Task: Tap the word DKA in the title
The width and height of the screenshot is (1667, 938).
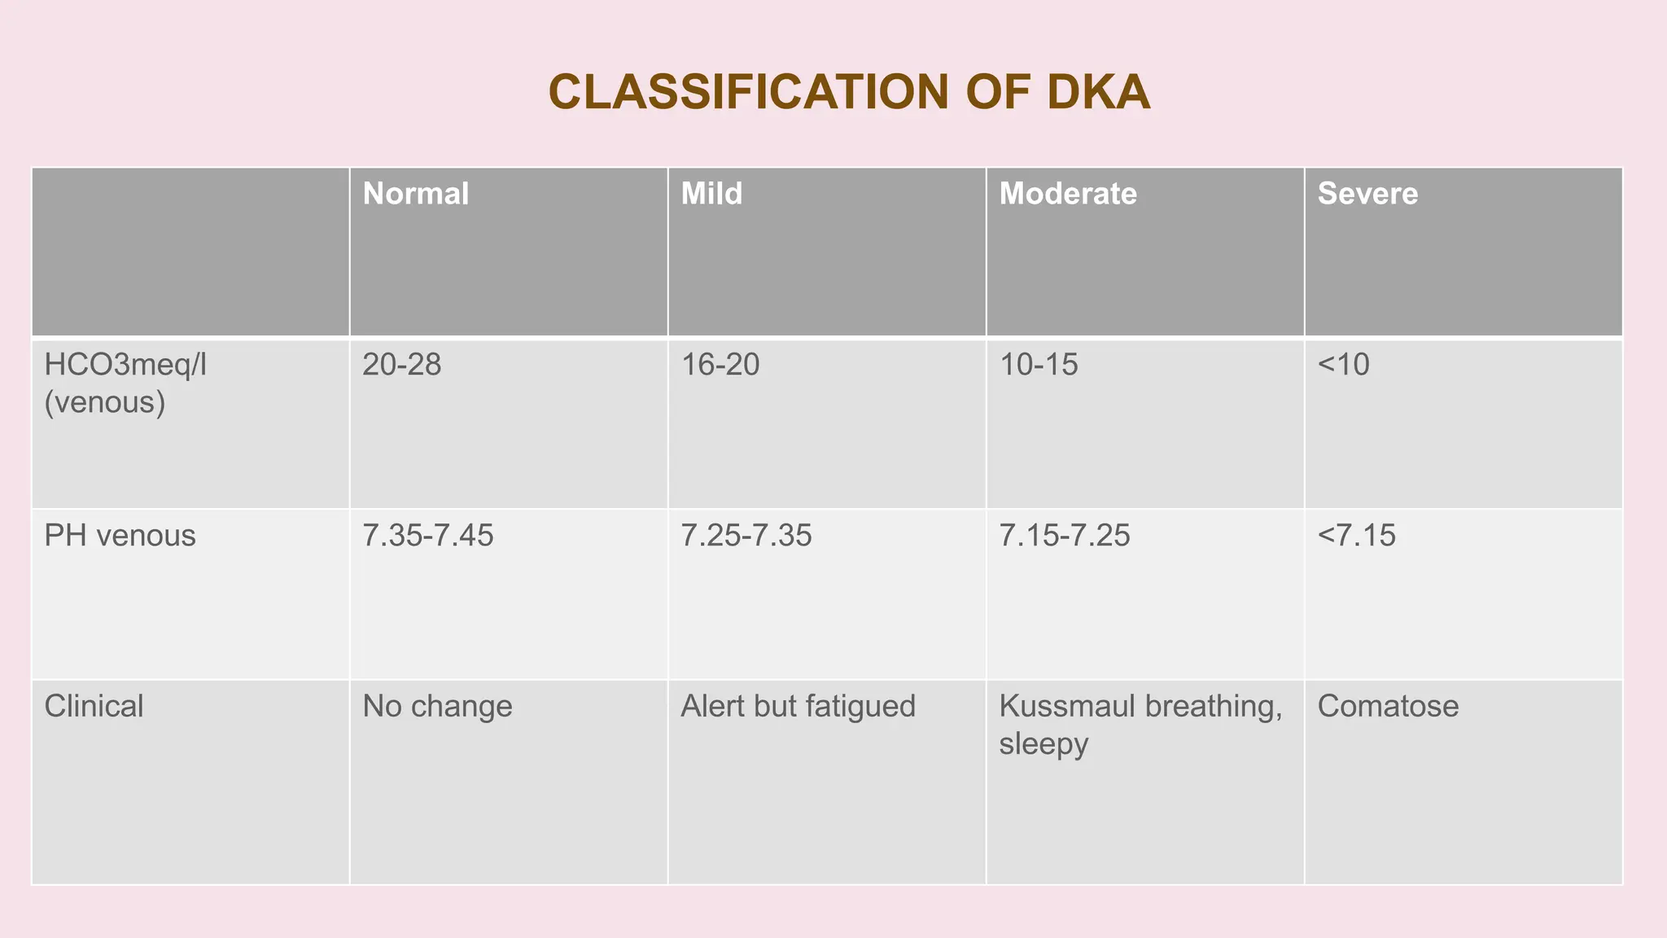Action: click(1098, 92)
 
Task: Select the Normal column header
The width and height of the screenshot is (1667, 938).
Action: click(416, 194)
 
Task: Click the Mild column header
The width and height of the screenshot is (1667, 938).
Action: click(711, 194)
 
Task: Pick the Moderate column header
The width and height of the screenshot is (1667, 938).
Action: click(1067, 194)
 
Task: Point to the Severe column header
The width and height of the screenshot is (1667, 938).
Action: click(1367, 194)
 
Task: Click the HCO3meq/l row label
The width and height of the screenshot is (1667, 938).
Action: click(126, 364)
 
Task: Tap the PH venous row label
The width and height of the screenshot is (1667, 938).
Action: click(120, 535)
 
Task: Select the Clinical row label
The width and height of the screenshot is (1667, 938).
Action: click(94, 706)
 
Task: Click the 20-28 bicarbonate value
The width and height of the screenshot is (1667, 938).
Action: click(402, 364)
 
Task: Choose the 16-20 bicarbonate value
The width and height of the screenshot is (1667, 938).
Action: click(720, 364)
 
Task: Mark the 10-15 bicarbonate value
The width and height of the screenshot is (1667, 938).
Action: click(1039, 364)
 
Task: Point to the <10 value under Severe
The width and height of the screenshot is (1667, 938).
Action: click(1343, 364)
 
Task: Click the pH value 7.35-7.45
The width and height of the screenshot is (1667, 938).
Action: click(428, 535)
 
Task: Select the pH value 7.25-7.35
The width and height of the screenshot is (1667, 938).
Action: click(746, 535)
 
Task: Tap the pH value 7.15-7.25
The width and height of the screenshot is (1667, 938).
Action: click(1065, 535)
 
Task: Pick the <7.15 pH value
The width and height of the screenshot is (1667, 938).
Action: click(1356, 535)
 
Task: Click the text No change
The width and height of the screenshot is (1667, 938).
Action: click(438, 706)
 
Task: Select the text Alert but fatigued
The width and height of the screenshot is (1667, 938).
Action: click(798, 706)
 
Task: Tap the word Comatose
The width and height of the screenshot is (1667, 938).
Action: click(1388, 706)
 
